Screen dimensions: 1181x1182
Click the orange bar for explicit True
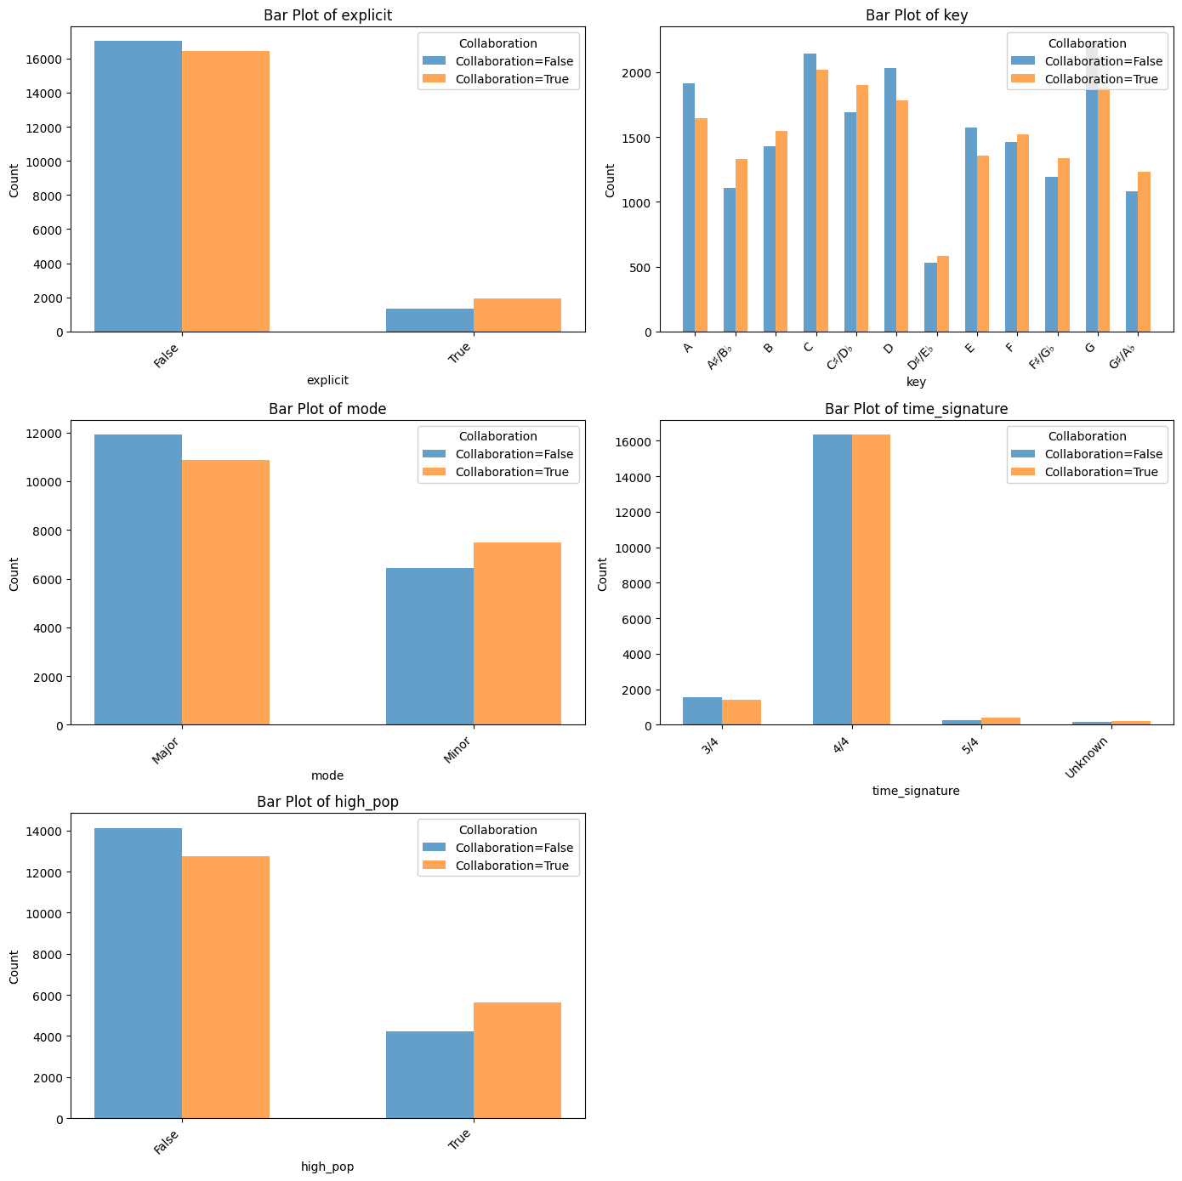pos(517,315)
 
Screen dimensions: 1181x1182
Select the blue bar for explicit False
pos(138,186)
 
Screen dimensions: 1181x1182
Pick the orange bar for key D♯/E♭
pos(943,294)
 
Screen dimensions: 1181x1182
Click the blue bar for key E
pos(971,230)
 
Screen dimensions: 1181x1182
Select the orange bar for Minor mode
pos(517,633)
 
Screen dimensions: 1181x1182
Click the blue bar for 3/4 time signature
pos(702,711)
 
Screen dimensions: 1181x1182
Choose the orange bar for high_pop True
pos(517,1060)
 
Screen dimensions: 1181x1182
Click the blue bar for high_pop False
pos(138,974)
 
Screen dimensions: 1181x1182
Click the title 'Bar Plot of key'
pos(916,15)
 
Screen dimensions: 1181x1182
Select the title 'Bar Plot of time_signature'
pos(916,409)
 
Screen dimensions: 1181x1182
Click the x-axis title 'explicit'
pos(327,380)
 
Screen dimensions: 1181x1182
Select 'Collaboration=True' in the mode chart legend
pos(512,472)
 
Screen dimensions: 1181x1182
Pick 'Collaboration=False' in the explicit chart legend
pos(514,61)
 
